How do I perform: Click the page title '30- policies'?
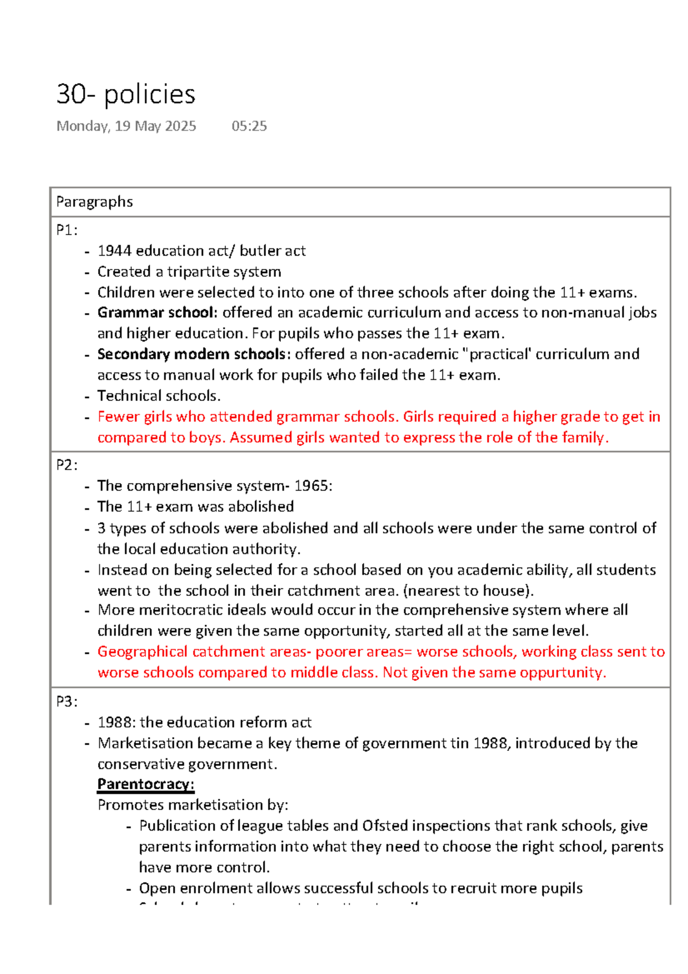point(126,94)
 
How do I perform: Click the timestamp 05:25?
point(249,126)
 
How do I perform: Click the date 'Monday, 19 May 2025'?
point(126,126)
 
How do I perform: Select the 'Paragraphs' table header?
point(95,202)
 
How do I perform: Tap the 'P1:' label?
point(67,231)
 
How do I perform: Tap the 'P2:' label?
point(67,465)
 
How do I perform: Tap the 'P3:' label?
point(67,702)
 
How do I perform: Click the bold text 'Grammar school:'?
point(157,313)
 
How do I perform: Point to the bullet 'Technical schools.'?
point(159,396)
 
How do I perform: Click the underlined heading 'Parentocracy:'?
point(146,784)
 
